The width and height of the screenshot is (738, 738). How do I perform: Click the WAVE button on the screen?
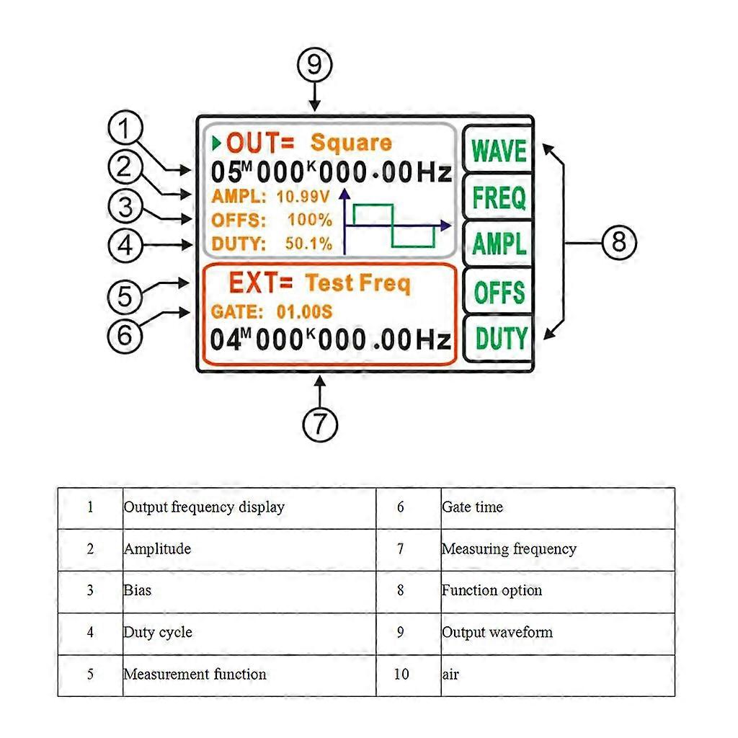point(498,151)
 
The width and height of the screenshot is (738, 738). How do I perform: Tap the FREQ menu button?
point(498,197)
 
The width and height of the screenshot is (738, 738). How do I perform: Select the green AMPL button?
point(498,245)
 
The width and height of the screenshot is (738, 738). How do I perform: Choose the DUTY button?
point(498,338)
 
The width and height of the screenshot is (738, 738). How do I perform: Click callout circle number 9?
point(315,65)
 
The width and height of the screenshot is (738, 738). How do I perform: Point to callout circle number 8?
point(619,242)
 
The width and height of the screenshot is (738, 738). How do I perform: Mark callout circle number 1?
point(125,132)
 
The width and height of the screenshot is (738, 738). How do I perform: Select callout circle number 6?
point(125,334)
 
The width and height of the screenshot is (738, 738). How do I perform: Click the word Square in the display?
point(351,143)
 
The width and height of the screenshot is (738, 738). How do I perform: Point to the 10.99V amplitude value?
point(303,195)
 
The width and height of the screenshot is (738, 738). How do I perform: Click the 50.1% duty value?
point(308,244)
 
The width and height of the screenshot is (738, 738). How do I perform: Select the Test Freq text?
point(357,283)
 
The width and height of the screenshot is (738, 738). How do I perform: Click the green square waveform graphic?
point(393,226)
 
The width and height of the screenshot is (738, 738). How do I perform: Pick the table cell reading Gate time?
point(472,507)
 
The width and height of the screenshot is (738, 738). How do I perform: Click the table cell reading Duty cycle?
point(158,633)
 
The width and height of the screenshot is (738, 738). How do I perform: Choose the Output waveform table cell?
point(497,633)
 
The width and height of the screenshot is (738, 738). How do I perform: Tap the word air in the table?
point(450,675)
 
